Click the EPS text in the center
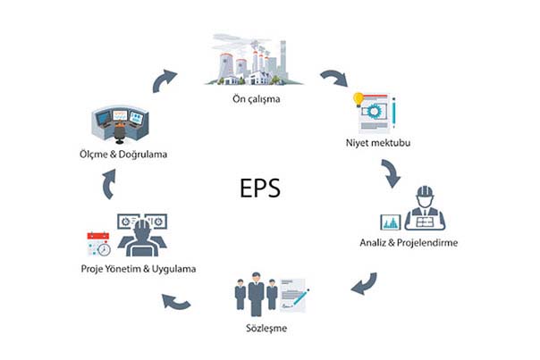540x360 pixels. point(260,188)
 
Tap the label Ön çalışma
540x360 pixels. point(256,99)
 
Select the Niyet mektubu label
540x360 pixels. point(378,143)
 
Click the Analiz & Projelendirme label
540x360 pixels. point(409,242)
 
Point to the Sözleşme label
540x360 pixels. point(266,328)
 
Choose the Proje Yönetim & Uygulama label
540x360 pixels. point(139,269)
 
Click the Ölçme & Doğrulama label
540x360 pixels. point(123,154)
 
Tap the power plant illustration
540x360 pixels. point(254,59)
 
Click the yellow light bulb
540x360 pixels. point(359,99)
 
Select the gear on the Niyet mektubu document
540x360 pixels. point(372,111)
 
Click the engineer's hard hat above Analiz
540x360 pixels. point(425,191)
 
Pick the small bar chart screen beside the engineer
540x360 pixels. point(391,222)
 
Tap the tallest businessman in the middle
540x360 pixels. point(256,294)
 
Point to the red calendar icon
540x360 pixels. point(98,237)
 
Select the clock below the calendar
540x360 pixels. point(104,249)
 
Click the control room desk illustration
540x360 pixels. point(120,124)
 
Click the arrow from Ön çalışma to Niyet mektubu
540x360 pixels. point(334,78)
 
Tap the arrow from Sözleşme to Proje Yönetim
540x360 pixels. point(176,302)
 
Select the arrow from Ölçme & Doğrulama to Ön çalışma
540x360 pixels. point(164,81)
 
